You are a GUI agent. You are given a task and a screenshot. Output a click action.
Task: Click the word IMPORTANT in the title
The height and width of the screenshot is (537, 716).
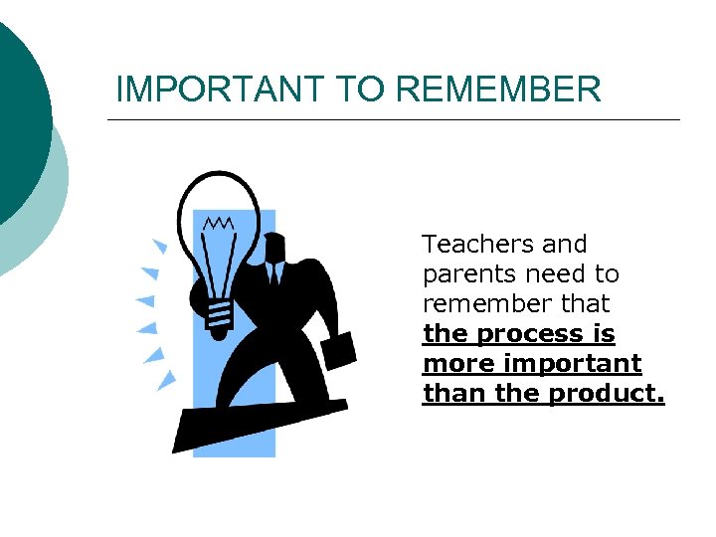(x=222, y=89)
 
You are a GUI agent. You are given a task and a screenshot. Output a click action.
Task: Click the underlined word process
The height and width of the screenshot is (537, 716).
(x=524, y=334)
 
